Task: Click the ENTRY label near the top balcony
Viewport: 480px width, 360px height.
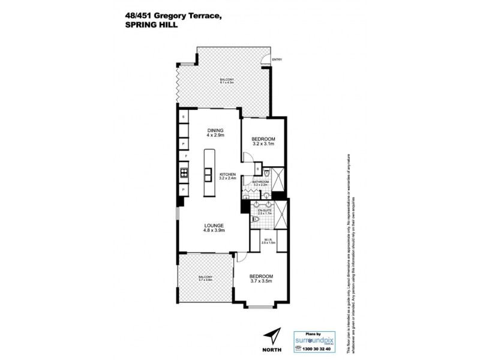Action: (277, 59)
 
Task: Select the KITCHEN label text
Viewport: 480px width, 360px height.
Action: (227, 173)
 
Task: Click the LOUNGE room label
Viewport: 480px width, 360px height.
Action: (214, 226)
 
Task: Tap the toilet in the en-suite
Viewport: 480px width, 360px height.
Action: (256, 220)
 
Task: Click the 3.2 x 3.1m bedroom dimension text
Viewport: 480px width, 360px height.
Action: (263, 144)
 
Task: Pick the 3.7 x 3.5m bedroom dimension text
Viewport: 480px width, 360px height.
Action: (261, 281)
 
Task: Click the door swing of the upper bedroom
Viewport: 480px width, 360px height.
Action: (247, 155)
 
